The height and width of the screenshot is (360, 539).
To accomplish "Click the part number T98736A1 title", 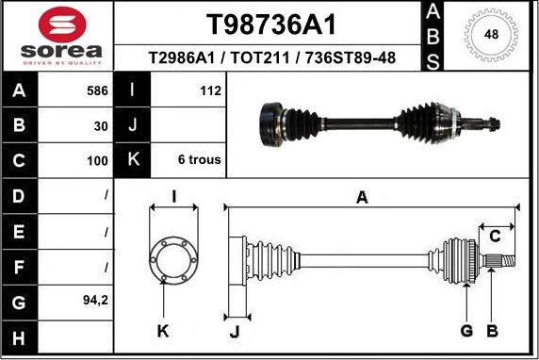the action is point(270,24).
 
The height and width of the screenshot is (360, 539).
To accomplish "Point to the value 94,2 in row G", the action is point(95,302).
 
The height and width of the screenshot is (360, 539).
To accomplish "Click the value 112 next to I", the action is point(210,91).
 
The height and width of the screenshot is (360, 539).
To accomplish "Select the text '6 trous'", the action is point(199,160).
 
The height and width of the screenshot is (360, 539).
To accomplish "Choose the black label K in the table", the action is point(132,160).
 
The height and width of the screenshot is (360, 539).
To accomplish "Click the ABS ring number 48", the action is point(491,35).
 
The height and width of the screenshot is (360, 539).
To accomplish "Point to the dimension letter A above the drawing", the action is point(361,197).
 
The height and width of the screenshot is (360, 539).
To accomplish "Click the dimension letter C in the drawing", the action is point(495,236).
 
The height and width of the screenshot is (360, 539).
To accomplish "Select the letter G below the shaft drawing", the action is point(466,330).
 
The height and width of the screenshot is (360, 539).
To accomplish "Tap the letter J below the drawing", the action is point(235,331).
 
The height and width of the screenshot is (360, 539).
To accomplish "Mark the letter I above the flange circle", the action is point(174,196).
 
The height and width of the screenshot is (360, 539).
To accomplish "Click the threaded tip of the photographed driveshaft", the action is point(494,121).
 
